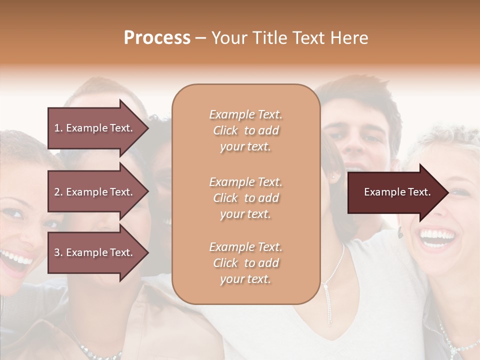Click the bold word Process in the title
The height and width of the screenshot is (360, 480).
click(x=157, y=38)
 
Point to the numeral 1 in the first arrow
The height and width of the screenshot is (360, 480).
click(x=57, y=128)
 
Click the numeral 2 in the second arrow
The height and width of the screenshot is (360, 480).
click(x=57, y=192)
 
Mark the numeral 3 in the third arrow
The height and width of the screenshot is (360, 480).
click(x=57, y=252)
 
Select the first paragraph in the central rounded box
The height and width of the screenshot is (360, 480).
click(x=245, y=130)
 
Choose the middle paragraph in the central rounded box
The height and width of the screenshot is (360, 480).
click(x=245, y=198)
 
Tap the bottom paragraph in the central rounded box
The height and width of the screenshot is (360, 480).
click(x=245, y=263)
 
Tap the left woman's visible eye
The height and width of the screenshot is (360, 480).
click(x=15, y=214)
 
